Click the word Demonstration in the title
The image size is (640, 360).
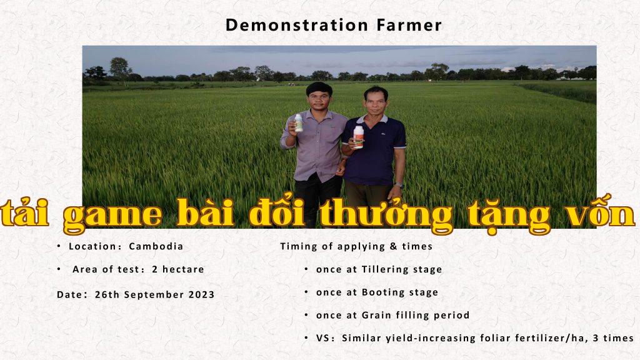click(297, 25)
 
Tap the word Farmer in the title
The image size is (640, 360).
click(409, 25)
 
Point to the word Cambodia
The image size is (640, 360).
click(156, 246)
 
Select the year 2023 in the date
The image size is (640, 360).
click(201, 294)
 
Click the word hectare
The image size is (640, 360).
click(183, 269)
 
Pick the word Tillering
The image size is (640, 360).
click(385, 269)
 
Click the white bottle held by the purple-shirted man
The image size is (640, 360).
click(299, 123)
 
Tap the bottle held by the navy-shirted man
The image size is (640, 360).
click(358, 136)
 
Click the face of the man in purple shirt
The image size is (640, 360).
click(319, 100)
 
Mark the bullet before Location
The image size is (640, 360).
click(59, 246)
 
